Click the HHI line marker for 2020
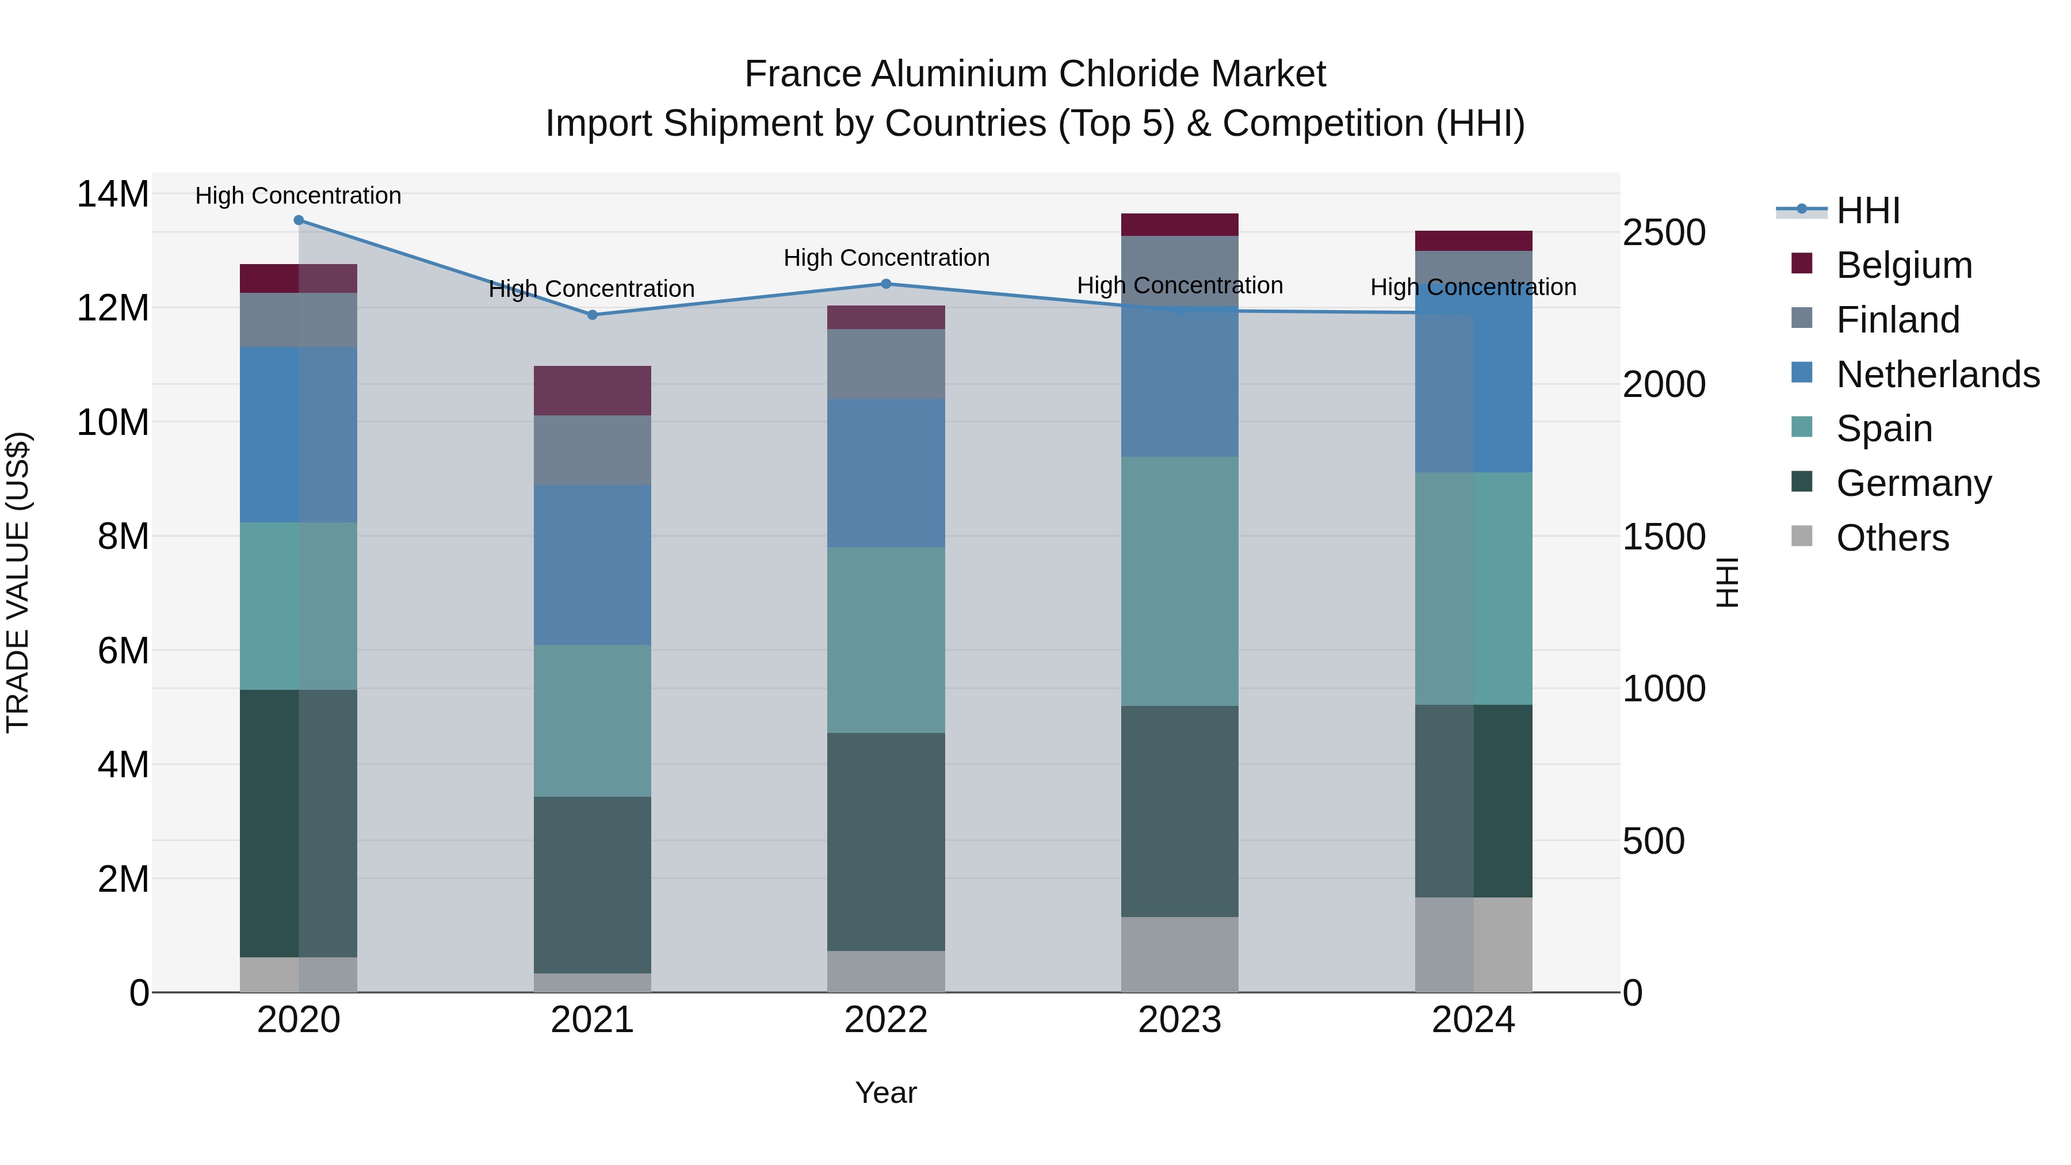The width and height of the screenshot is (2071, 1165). click(x=298, y=220)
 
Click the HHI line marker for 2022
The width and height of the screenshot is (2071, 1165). click(x=886, y=284)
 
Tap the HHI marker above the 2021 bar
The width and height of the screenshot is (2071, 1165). click(x=593, y=315)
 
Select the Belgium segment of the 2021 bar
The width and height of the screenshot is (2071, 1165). click(x=593, y=391)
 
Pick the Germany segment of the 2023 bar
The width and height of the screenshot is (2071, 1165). click(x=1179, y=811)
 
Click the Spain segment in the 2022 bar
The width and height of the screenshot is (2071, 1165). click(x=886, y=640)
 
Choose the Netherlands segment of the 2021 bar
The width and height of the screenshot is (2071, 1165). click(x=593, y=564)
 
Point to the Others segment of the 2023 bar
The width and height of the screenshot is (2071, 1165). click(x=1179, y=954)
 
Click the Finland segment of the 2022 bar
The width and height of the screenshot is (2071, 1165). click(x=886, y=364)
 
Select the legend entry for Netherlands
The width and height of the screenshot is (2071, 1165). click(x=1938, y=375)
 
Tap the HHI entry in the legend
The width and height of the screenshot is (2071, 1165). click(x=1867, y=211)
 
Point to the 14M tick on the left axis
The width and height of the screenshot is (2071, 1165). click(x=113, y=194)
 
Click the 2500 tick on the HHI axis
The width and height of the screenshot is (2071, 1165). click(x=1663, y=233)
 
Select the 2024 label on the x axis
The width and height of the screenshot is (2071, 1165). click(x=1473, y=1020)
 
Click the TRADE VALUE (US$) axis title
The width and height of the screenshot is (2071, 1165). click(x=18, y=582)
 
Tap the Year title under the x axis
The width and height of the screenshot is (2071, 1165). click(x=886, y=1093)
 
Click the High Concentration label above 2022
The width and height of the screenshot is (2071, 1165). click(x=886, y=258)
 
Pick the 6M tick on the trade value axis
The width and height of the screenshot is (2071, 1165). click(x=123, y=651)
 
